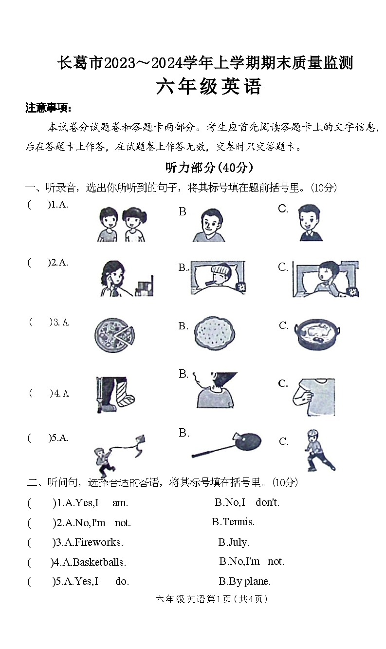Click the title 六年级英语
point(209,87)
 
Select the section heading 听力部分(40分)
point(209,168)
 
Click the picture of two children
point(121,224)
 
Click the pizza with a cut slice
point(114,335)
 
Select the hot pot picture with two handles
point(317,334)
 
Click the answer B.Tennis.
point(233,522)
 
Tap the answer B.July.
point(233,542)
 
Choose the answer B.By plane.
point(244,581)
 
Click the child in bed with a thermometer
point(218,278)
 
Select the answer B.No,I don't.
point(247,502)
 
